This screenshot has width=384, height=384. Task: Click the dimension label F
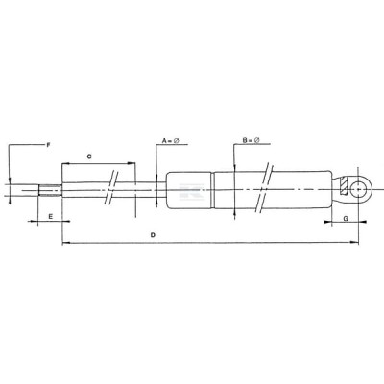[48, 145]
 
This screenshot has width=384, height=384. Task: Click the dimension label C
[89, 156]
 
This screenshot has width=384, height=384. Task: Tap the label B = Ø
[251, 140]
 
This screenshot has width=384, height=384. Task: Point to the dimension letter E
[50, 217]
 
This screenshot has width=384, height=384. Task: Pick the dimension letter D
[153, 235]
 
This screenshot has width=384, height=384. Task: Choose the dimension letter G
[346, 219]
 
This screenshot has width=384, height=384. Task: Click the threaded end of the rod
[50, 190]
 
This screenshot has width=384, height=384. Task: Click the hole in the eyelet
[358, 190]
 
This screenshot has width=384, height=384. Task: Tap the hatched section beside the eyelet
[344, 185]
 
